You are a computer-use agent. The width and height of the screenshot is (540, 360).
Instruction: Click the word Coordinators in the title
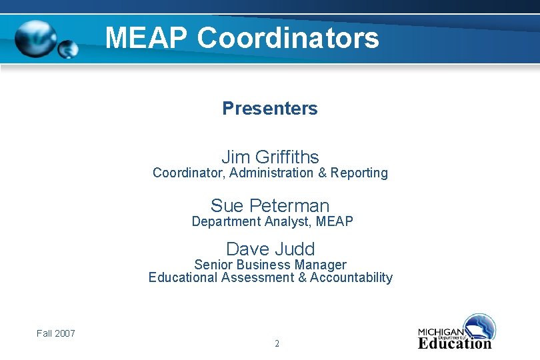(x=288, y=38)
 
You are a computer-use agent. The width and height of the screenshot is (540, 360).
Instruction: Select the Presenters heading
(x=270, y=108)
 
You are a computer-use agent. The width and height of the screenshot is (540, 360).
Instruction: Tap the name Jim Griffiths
(x=270, y=157)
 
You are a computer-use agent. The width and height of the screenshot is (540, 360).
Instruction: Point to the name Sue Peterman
(x=270, y=205)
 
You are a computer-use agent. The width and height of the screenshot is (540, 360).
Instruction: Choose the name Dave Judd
(x=270, y=249)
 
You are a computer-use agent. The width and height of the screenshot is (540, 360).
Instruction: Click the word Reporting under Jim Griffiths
(x=359, y=173)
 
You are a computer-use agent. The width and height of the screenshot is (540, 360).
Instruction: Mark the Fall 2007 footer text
(x=56, y=333)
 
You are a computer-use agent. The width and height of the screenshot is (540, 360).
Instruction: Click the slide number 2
(x=277, y=344)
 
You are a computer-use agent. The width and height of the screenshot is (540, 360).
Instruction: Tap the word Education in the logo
(x=455, y=344)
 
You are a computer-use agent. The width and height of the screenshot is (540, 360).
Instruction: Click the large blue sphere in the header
(x=37, y=39)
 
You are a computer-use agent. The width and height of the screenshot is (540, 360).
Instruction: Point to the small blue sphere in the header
(x=68, y=49)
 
